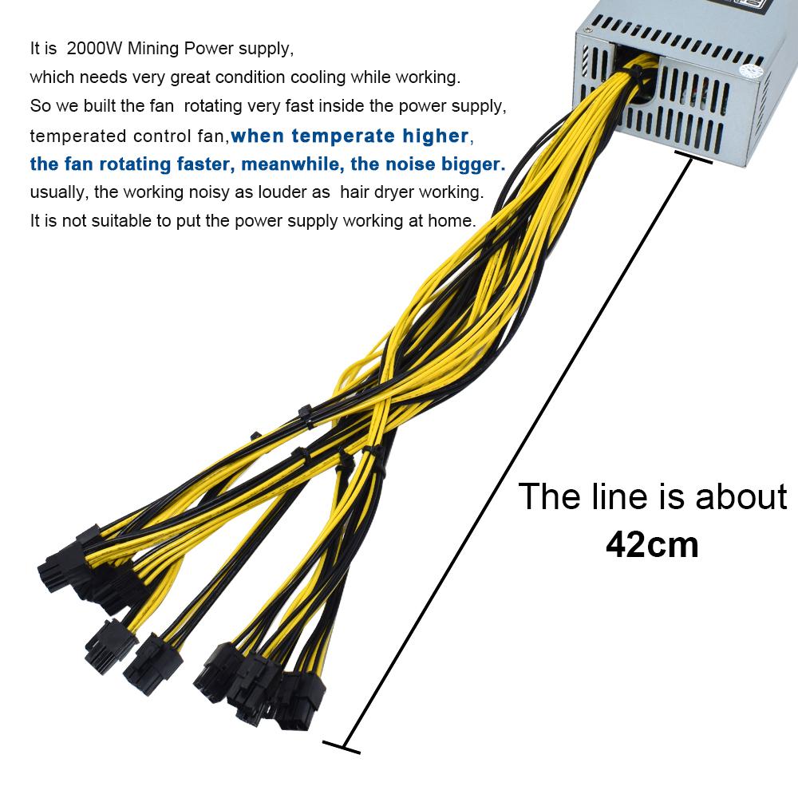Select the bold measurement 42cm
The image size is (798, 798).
[652, 544]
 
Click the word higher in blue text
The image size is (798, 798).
[436, 136]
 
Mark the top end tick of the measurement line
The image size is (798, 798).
[693, 157]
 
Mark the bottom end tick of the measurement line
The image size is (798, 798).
[342, 747]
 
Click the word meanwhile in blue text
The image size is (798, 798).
[290, 164]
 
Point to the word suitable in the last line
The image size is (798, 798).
[121, 221]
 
